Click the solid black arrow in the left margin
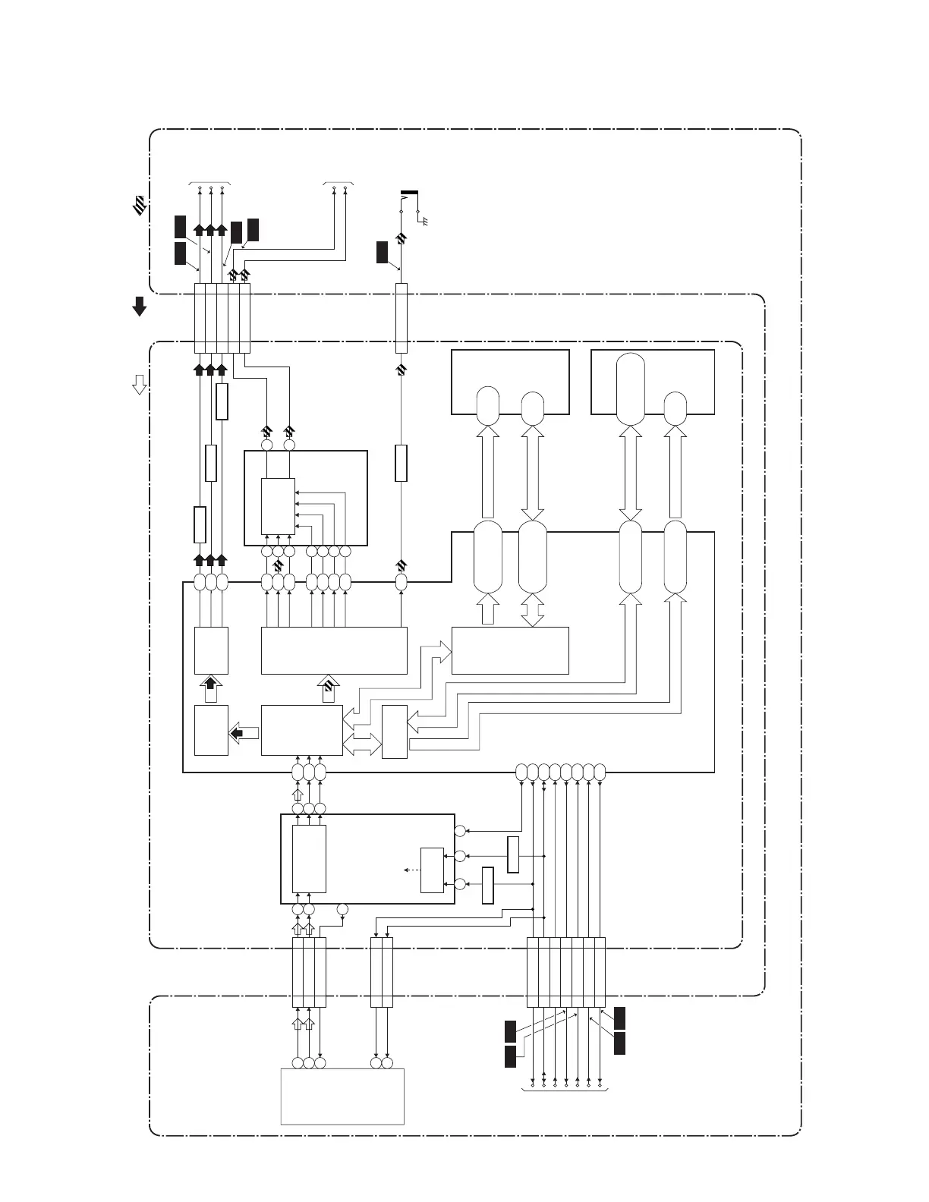point(140,306)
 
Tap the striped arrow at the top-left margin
point(140,204)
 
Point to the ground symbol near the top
point(422,221)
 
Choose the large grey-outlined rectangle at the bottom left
point(342,1097)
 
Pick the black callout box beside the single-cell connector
point(383,252)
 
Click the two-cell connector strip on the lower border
point(382,972)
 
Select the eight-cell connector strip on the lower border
point(566,972)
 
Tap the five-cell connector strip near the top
point(222,318)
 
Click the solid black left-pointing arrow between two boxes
point(244,732)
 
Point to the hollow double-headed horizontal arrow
point(362,744)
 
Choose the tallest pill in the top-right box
point(631,389)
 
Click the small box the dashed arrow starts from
point(432,870)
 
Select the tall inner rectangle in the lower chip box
point(309,859)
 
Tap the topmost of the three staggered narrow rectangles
point(222,401)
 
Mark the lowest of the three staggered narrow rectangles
point(200,524)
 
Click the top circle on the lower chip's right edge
point(460,831)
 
